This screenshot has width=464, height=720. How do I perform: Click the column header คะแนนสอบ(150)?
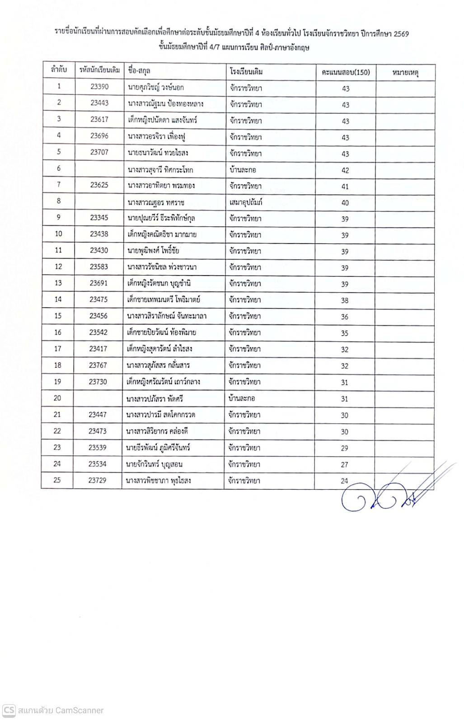click(x=346, y=72)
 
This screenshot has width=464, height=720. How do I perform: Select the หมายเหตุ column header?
click(x=405, y=72)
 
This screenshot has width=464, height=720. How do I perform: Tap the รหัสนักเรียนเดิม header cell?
click(x=99, y=70)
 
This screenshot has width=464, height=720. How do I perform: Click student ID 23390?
click(x=99, y=87)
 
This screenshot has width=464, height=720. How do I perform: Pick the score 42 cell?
click(x=345, y=170)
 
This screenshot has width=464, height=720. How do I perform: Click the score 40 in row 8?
click(x=345, y=203)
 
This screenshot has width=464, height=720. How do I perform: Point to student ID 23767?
click(x=98, y=365)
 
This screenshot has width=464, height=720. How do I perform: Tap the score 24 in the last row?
click(x=344, y=481)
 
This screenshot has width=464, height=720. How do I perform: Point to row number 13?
click(x=58, y=283)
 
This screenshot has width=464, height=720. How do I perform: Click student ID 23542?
click(x=98, y=332)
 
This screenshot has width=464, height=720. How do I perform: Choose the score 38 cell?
click(x=345, y=300)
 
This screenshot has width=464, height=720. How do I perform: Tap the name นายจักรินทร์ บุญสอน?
click(x=155, y=464)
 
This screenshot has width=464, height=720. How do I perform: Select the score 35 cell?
click(x=345, y=333)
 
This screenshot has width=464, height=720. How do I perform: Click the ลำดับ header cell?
click(x=59, y=70)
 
